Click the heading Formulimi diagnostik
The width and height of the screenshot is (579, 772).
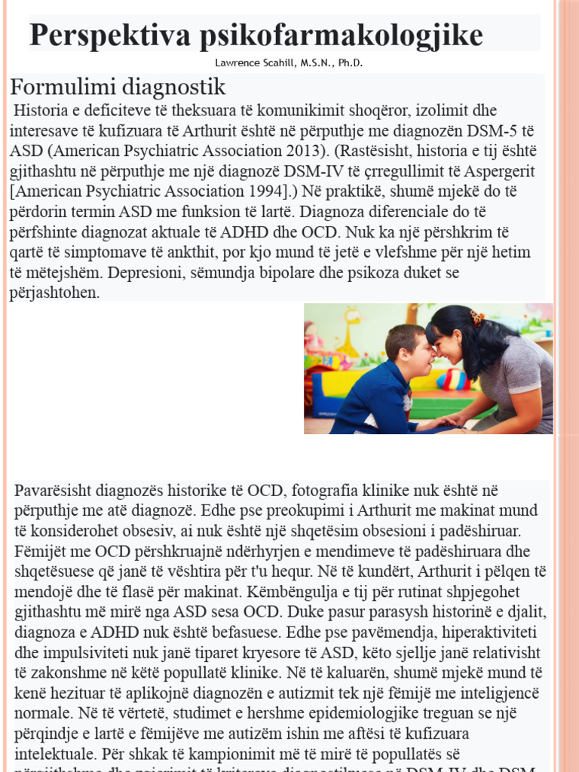117,86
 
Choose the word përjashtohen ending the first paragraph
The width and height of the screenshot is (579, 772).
54,293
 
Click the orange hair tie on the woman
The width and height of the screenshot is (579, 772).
476,317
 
